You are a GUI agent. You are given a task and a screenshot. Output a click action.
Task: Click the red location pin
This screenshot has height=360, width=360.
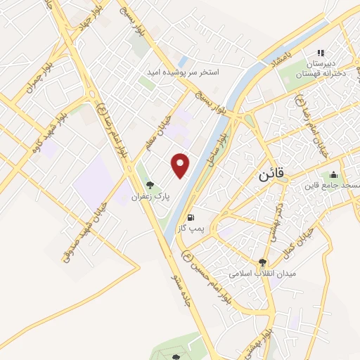[x=181, y=165]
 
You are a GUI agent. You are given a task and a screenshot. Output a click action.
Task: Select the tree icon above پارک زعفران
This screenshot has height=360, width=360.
[x=149, y=186]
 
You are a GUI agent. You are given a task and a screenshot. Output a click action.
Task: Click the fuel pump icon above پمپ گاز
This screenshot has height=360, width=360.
[x=191, y=217]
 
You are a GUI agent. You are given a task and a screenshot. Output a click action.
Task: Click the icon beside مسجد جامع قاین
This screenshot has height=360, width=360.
[x=333, y=174]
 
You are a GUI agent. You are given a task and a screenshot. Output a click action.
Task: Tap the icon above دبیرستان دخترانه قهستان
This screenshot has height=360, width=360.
[x=321, y=53]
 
